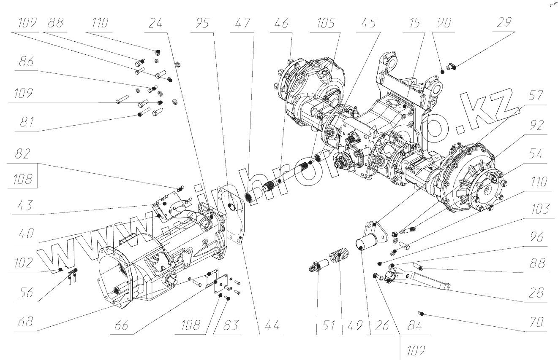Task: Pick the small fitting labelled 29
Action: point(451,66)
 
